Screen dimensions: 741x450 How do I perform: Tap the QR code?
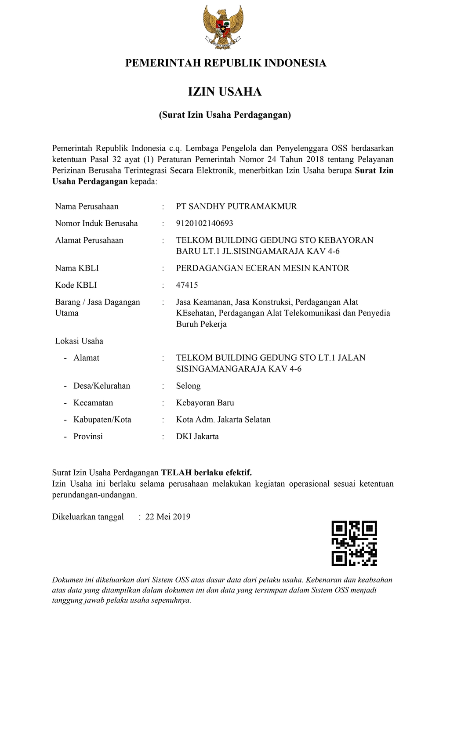[354, 543]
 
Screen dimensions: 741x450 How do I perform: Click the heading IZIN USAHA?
[225, 92]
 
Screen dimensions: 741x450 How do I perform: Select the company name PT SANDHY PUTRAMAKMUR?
[236, 206]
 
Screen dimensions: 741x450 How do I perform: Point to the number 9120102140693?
[204, 223]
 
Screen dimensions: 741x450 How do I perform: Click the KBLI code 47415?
[187, 285]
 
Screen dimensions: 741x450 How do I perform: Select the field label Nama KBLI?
[77, 268]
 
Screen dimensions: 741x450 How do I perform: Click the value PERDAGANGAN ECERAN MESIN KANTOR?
[262, 268]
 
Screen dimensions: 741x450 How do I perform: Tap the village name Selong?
[188, 386]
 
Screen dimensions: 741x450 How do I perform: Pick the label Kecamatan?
[93, 403]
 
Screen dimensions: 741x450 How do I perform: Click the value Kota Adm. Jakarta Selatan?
[223, 419]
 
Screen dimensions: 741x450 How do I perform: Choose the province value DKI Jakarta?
[197, 437]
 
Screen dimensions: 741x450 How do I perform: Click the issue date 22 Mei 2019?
[168, 517]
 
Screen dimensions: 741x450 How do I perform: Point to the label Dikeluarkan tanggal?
[88, 517]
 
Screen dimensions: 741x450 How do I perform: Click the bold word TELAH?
[176, 473]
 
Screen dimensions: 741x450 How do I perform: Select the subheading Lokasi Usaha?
[79, 341]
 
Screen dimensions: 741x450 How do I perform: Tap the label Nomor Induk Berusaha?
[96, 223]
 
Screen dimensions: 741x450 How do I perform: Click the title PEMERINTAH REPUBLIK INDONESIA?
[225, 63]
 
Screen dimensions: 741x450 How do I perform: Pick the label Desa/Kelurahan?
[102, 386]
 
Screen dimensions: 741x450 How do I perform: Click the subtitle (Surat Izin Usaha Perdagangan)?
[225, 115]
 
